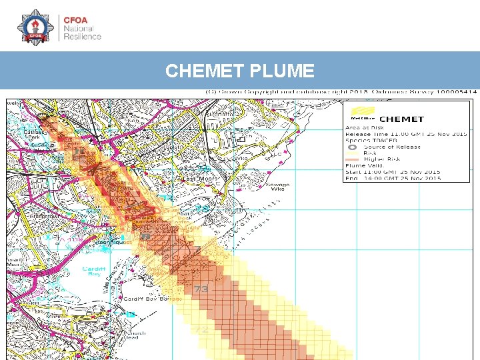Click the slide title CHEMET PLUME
(x=239, y=71)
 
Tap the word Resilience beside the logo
(x=83, y=37)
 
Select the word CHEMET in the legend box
(x=401, y=119)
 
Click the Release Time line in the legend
(x=405, y=134)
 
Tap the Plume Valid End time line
(x=392, y=178)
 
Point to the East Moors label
(x=197, y=179)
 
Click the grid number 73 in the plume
(x=201, y=289)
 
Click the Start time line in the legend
(x=392, y=172)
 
